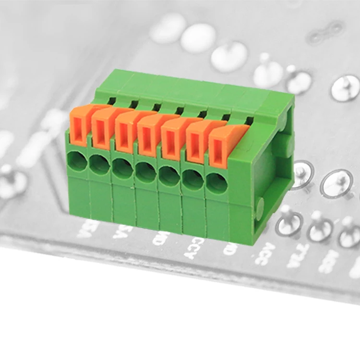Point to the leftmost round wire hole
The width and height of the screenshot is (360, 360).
(77, 161)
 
